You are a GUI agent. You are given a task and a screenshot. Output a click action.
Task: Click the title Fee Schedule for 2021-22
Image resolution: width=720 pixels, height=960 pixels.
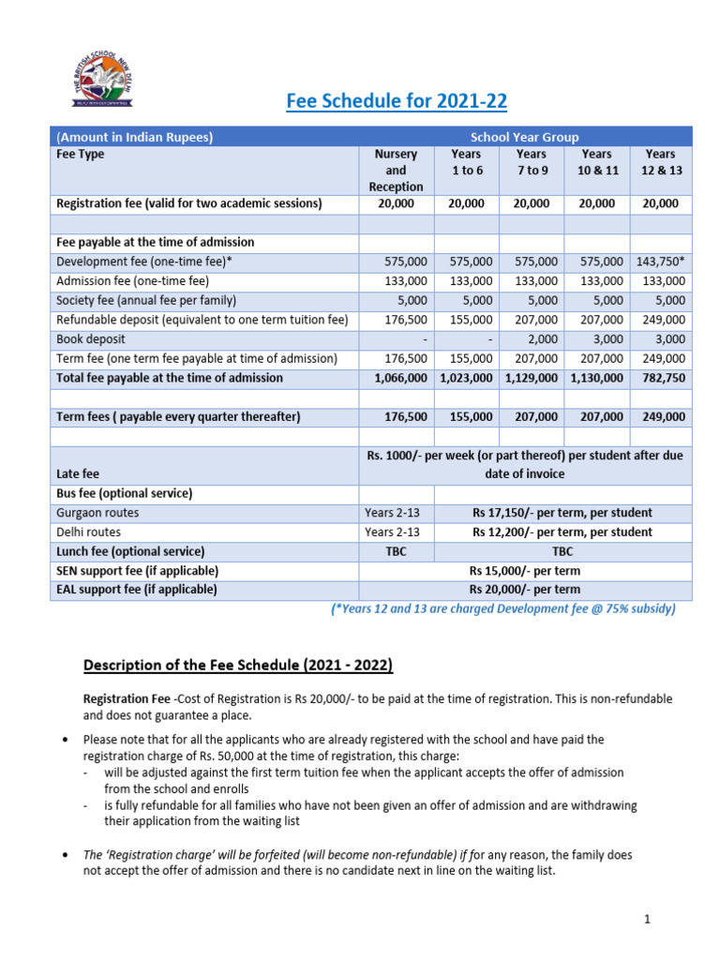(388, 101)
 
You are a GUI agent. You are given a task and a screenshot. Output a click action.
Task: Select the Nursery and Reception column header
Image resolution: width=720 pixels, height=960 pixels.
(396, 170)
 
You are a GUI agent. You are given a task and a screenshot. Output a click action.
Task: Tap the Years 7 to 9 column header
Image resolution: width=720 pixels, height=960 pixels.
(532, 161)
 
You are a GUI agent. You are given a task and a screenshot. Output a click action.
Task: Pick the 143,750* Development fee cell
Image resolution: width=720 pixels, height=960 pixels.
(661, 262)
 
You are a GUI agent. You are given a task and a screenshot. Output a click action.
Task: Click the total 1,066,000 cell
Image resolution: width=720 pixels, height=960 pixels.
(397, 378)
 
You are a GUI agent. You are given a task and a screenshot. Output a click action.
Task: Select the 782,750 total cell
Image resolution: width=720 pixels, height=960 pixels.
(663, 378)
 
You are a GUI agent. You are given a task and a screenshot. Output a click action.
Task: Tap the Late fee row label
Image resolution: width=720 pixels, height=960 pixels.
(78, 474)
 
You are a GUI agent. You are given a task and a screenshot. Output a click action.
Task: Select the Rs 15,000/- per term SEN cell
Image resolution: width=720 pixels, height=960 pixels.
(525, 571)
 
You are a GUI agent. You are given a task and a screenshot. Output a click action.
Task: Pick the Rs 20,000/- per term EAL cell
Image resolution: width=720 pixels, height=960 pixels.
(525, 590)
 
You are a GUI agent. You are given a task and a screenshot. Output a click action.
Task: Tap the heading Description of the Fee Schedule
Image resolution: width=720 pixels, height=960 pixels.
(238, 666)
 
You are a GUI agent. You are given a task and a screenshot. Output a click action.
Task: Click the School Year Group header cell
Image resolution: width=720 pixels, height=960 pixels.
(524, 137)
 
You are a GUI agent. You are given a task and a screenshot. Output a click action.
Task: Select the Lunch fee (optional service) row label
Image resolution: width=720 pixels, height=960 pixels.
(130, 551)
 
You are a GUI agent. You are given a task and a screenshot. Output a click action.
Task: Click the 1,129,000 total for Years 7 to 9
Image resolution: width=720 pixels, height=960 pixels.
(531, 378)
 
